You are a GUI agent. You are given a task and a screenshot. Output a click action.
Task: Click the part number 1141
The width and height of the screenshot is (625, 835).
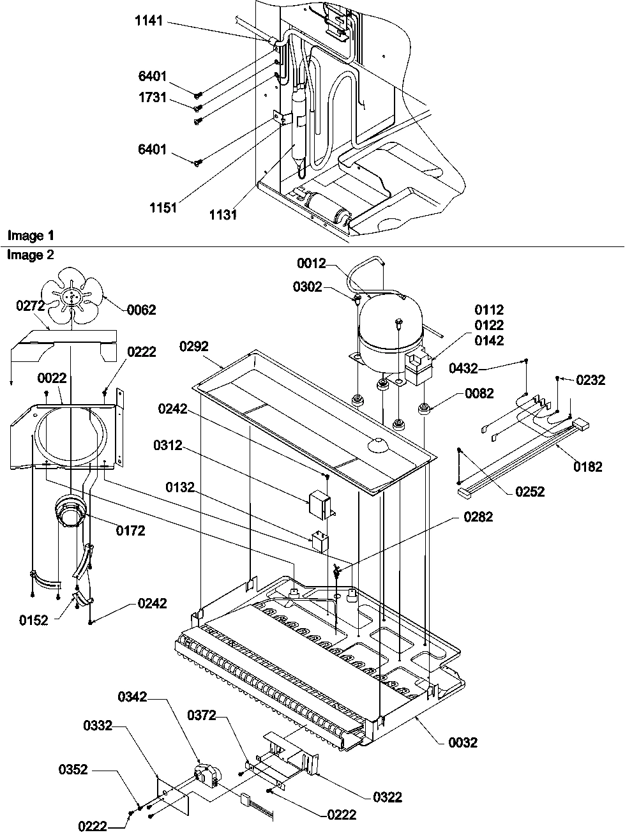pos(149,22)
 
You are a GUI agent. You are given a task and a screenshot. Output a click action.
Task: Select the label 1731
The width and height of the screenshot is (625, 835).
pos(151,98)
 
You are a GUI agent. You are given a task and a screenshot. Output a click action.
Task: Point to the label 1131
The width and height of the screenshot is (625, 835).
pos(223,215)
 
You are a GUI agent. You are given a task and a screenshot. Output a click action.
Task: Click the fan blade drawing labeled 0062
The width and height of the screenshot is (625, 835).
pos(74,295)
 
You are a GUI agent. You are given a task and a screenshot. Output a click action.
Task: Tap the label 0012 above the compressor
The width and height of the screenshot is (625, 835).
pos(311,264)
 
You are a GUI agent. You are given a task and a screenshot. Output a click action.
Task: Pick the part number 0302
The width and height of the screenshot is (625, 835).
pos(308,287)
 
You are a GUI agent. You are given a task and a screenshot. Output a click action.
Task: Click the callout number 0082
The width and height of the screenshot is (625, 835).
pos(479,393)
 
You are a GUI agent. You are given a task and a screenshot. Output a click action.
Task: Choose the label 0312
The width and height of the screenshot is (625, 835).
pos(168,444)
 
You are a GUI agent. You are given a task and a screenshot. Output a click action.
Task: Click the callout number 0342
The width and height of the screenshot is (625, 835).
pos(133,698)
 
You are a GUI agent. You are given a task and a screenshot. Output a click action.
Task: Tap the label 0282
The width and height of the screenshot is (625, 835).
pos(478,517)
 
